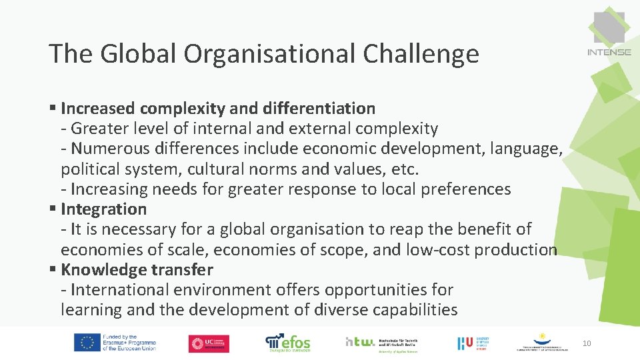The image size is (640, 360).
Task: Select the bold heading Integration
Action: tap(103, 209)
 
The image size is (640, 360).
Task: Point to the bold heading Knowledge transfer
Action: tap(137, 270)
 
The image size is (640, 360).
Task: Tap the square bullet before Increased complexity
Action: tap(53, 108)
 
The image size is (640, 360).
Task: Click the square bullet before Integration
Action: tap(53, 209)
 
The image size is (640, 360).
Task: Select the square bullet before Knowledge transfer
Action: tap(53, 270)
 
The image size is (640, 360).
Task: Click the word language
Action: tap(525, 149)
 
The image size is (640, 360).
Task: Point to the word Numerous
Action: tap(108, 149)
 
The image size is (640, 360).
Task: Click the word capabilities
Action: tap(407, 310)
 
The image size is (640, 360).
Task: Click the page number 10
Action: tap(587, 343)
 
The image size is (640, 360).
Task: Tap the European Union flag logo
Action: tap(86, 342)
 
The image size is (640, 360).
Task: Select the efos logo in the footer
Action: tap(288, 342)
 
